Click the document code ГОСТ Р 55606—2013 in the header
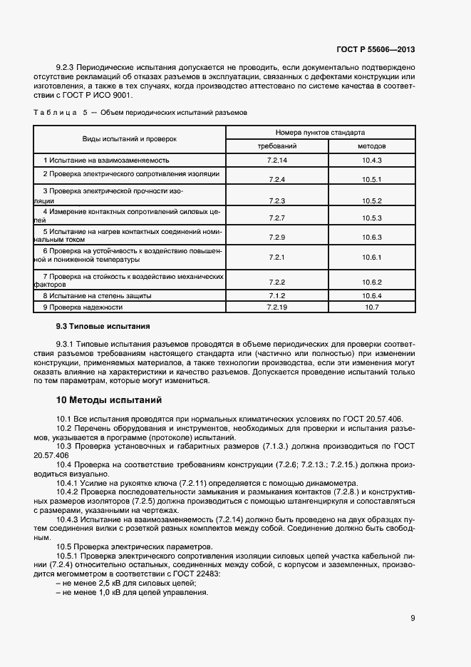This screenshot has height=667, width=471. [x=376, y=49]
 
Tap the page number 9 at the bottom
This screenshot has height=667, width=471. [x=413, y=618]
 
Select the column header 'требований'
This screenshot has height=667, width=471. [x=277, y=146]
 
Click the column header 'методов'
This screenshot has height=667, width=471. [x=372, y=146]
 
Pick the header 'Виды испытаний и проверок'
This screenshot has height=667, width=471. [x=129, y=138]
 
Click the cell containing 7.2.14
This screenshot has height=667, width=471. [x=277, y=161]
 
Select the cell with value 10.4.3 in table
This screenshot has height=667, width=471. [x=372, y=161]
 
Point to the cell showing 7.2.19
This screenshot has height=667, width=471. [x=277, y=307]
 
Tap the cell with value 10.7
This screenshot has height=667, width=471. [x=372, y=307]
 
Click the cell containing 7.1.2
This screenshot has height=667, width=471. [x=277, y=295]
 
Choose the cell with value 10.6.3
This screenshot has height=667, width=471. [x=372, y=237]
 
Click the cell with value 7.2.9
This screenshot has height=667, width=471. [x=277, y=237]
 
